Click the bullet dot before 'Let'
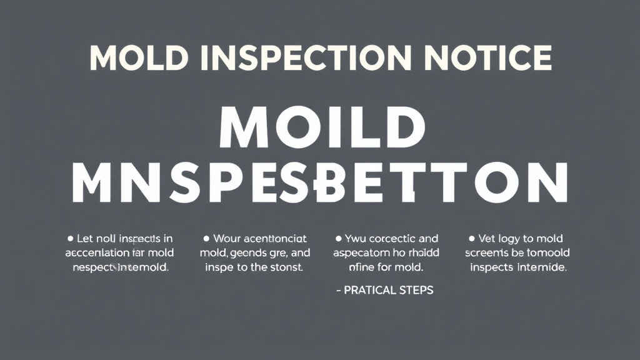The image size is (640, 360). [70, 239]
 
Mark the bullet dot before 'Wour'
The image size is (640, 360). [206, 239]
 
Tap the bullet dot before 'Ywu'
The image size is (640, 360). [338, 239]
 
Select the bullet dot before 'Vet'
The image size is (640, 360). [471, 239]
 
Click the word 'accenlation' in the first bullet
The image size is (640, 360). [97, 253]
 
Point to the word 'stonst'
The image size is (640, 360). [285, 267]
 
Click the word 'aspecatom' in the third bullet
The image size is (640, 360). [360, 253]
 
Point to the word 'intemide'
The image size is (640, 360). [542, 267]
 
